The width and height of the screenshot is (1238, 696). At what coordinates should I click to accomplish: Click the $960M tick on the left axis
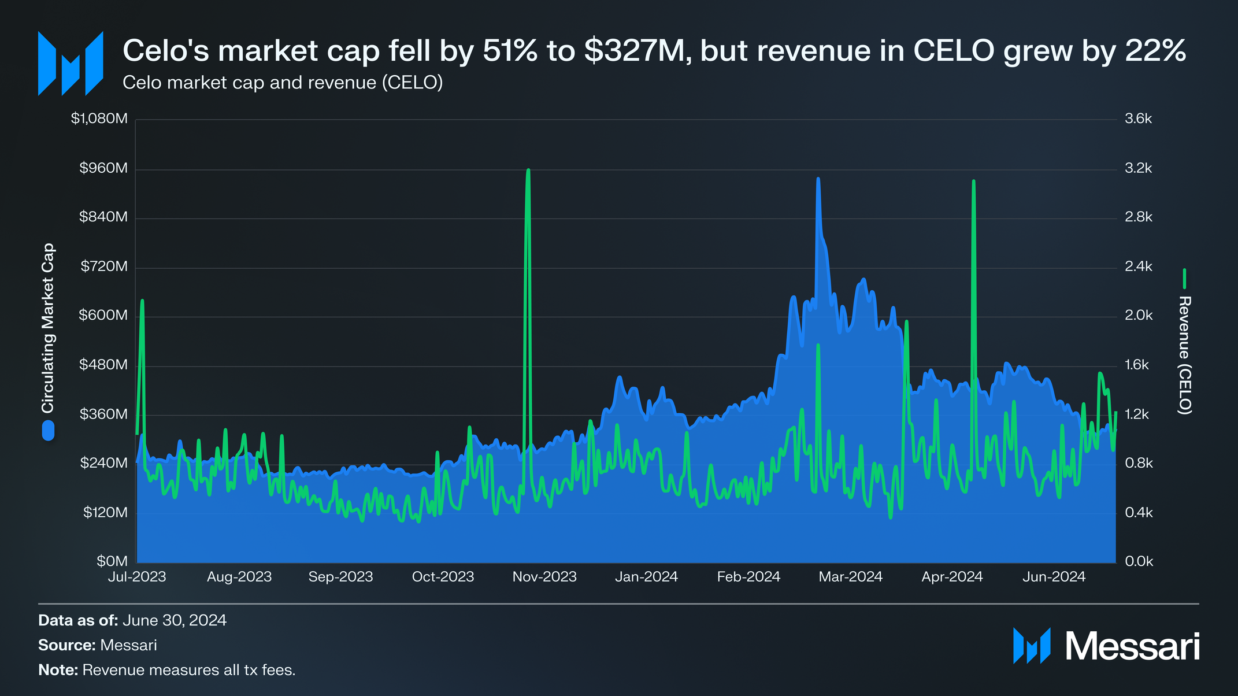point(103,168)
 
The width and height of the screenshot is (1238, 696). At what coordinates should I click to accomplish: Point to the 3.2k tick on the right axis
point(1138,168)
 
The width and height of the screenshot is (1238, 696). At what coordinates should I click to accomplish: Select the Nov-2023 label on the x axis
point(544,577)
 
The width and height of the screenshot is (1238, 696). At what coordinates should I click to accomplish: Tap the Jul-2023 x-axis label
point(137,577)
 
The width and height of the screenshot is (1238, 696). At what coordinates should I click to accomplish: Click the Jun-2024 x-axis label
point(1054,577)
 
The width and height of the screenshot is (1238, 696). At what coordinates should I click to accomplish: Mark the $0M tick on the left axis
point(112,561)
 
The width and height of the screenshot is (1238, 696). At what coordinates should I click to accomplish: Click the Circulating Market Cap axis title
point(47,328)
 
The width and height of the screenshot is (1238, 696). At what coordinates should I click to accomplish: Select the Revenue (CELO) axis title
point(1184,355)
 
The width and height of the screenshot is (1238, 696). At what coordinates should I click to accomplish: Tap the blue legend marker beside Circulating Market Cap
point(48,431)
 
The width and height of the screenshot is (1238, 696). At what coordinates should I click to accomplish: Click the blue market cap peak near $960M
point(818,179)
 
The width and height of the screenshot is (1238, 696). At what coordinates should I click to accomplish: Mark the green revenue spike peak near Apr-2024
point(974,181)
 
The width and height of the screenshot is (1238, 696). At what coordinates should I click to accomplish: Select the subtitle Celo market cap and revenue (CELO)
point(283,83)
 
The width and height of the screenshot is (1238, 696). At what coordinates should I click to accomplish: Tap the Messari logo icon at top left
point(71,63)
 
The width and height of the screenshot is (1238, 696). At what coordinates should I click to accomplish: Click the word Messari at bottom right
point(1132,646)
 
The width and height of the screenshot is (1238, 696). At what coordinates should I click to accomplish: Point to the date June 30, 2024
point(174,620)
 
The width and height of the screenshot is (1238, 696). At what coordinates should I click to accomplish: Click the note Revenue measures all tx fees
point(189,670)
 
